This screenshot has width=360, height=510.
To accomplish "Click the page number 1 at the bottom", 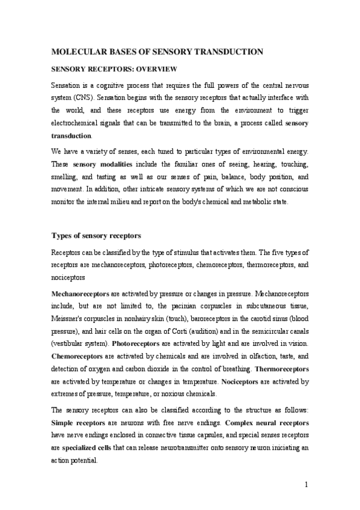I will tap(306, 485).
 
